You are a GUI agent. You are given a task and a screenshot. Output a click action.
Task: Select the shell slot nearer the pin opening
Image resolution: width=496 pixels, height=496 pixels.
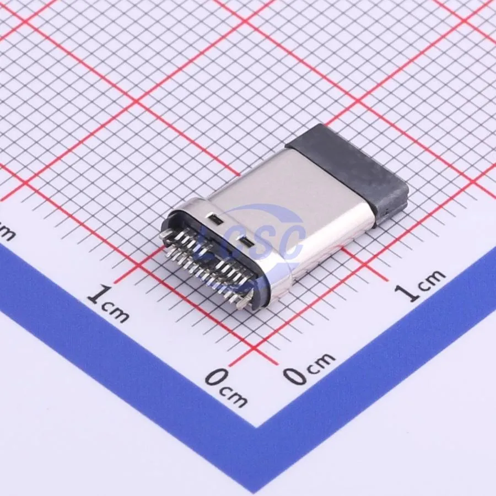click(x=215, y=218)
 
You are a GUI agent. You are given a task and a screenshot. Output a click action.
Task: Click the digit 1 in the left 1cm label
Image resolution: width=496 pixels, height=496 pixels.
click(x=98, y=294)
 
